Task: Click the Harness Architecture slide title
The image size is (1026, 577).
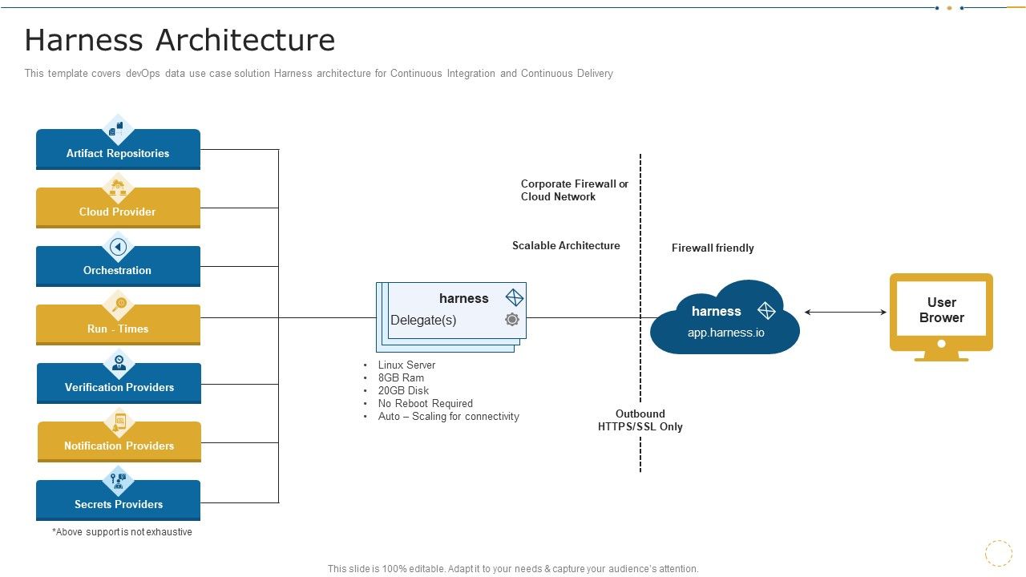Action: point(180,40)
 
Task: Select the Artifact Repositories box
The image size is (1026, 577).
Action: point(118,153)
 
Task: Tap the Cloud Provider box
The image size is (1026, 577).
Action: point(118,212)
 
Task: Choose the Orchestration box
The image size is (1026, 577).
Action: point(118,270)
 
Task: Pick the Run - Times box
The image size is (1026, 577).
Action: point(118,329)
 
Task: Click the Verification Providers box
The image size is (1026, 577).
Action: point(119,387)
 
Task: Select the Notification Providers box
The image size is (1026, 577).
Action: point(119,446)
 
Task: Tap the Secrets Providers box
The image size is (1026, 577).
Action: point(118,504)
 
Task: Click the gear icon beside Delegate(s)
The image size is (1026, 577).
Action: point(512,320)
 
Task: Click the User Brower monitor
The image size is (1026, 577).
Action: point(941,313)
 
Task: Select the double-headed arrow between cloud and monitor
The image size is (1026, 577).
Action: point(845,312)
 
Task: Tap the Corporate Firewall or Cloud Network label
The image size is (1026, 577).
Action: point(574,190)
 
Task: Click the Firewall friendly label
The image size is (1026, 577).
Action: point(713,248)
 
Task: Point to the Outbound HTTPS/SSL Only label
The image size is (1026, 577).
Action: point(640,421)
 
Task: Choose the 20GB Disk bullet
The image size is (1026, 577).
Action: point(403,390)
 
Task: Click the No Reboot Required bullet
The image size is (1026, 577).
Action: point(425,403)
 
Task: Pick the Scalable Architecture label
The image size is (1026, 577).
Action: point(566,245)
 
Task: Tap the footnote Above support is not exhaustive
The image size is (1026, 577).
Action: point(122,531)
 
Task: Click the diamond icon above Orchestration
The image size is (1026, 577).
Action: point(119,246)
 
